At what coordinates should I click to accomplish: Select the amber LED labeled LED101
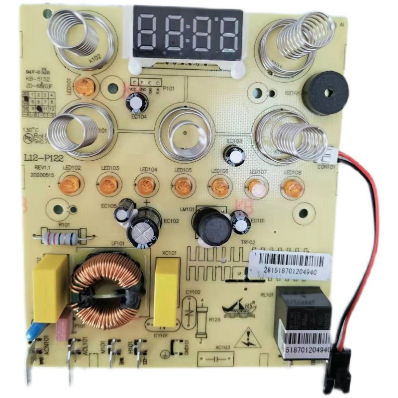pyautogui.click(x=86, y=85)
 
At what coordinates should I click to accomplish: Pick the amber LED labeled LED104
pyautogui.click(x=145, y=186)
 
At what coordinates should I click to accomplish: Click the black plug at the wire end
pyautogui.click(x=336, y=371)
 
